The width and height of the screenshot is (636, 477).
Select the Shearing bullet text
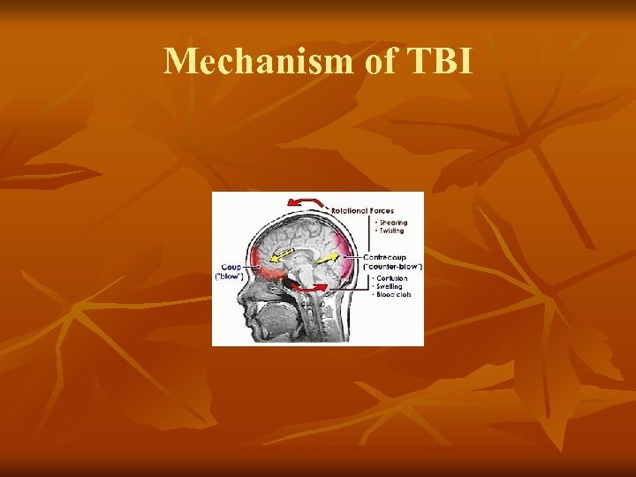click(393, 222)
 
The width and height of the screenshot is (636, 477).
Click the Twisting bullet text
click(392, 230)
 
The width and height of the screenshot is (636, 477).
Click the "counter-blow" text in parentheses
click(394, 267)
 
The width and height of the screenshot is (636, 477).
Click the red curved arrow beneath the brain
click(310, 287)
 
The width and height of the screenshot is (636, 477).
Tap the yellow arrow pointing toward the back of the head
click(328, 257)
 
